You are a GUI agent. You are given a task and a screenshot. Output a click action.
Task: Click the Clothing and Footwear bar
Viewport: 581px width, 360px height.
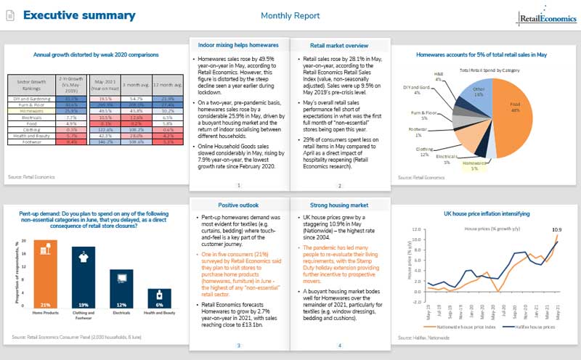pos(84,278)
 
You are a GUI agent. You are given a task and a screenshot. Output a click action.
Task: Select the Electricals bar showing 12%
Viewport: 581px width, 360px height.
pos(121,289)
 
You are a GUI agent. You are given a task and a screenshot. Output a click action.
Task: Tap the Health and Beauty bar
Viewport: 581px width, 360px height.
pos(159,298)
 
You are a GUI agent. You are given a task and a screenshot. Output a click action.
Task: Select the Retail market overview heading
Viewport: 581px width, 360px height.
pos(338,45)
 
